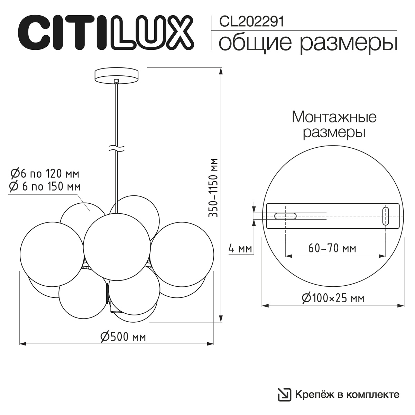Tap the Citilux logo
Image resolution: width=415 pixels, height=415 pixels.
coord(106,33)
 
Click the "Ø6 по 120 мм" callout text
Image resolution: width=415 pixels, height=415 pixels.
coord(45,174)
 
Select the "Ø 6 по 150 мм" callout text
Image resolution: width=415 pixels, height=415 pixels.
coord(45,186)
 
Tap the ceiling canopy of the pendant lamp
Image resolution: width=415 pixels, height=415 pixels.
coord(117,76)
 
